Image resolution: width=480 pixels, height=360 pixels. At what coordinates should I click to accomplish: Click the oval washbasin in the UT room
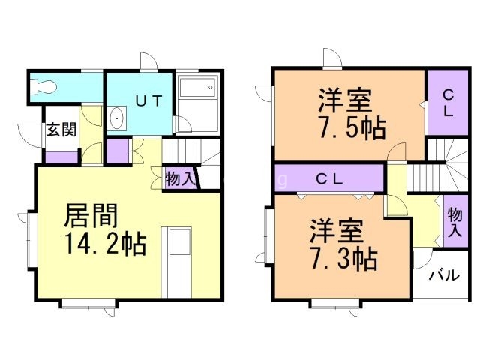(116, 119)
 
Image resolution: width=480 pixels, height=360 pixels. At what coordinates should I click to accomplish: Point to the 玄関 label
(62, 129)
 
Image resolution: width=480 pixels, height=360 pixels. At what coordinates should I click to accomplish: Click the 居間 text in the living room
(91, 216)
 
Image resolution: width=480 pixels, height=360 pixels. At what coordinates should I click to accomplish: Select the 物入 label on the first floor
(180, 179)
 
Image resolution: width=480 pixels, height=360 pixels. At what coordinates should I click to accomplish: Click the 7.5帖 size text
(352, 128)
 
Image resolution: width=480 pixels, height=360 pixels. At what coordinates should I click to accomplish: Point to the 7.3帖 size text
(343, 259)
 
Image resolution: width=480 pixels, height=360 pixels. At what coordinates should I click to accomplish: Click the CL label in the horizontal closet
(329, 179)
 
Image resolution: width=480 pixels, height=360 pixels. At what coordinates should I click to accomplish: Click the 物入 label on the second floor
(454, 223)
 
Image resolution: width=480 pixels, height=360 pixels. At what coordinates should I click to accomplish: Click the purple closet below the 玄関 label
(62, 157)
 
